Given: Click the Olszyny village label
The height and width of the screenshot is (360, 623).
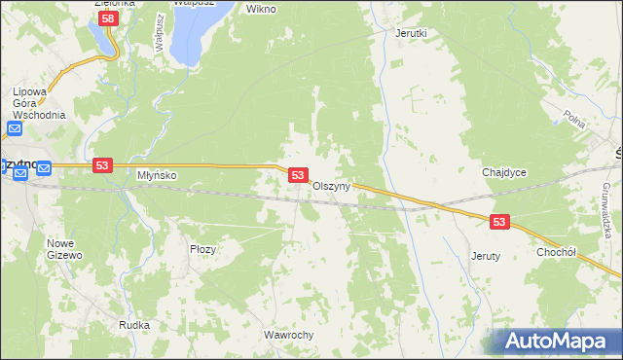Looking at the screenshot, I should click(331, 186).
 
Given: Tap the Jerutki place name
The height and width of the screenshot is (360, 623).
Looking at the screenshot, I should click(411, 32).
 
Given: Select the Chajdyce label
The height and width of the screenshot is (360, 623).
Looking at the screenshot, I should click(504, 172).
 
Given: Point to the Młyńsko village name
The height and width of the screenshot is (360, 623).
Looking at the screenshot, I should click(156, 176).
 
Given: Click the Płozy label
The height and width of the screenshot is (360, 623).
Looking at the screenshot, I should click(202, 249).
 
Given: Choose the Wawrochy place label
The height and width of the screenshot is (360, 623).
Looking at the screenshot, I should click(288, 335).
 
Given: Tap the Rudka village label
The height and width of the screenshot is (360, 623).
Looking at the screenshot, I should click(133, 325).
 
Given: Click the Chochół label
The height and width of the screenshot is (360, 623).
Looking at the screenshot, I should click(558, 251).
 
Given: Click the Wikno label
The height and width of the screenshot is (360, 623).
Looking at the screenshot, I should click(261, 9).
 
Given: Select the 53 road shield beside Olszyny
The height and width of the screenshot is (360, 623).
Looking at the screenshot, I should click(299, 175).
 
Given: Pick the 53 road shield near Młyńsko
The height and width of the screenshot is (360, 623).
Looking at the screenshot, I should click(101, 166).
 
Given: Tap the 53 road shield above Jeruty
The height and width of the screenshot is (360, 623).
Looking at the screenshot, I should click(499, 222).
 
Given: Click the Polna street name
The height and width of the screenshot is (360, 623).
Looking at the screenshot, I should click(574, 119).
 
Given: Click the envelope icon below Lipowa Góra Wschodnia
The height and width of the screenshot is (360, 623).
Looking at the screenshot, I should click(16, 128).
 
